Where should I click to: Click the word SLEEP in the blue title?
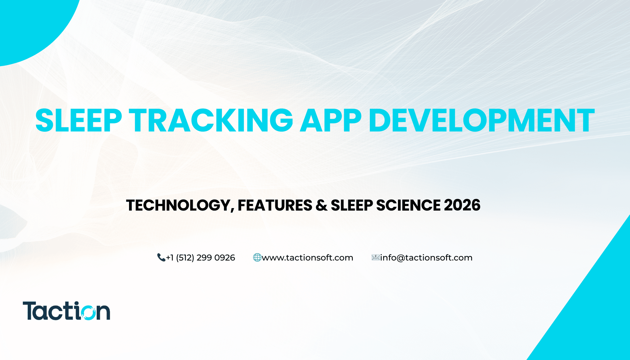[x=79, y=120]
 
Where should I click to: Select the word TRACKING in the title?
[x=211, y=120]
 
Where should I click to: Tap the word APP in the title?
[x=330, y=120]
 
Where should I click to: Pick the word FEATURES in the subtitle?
[x=275, y=205]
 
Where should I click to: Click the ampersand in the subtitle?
[x=321, y=205]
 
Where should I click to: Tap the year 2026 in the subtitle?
[x=462, y=205]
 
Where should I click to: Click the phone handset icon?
[x=161, y=258]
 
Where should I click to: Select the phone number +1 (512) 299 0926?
[x=200, y=258]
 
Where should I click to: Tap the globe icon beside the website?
[x=257, y=258]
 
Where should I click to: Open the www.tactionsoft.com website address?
[x=308, y=258]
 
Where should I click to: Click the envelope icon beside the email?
[x=375, y=258]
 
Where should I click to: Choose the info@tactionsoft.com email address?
[x=426, y=258]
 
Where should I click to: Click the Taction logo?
[x=66, y=311]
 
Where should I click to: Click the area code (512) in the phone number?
[x=185, y=258]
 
